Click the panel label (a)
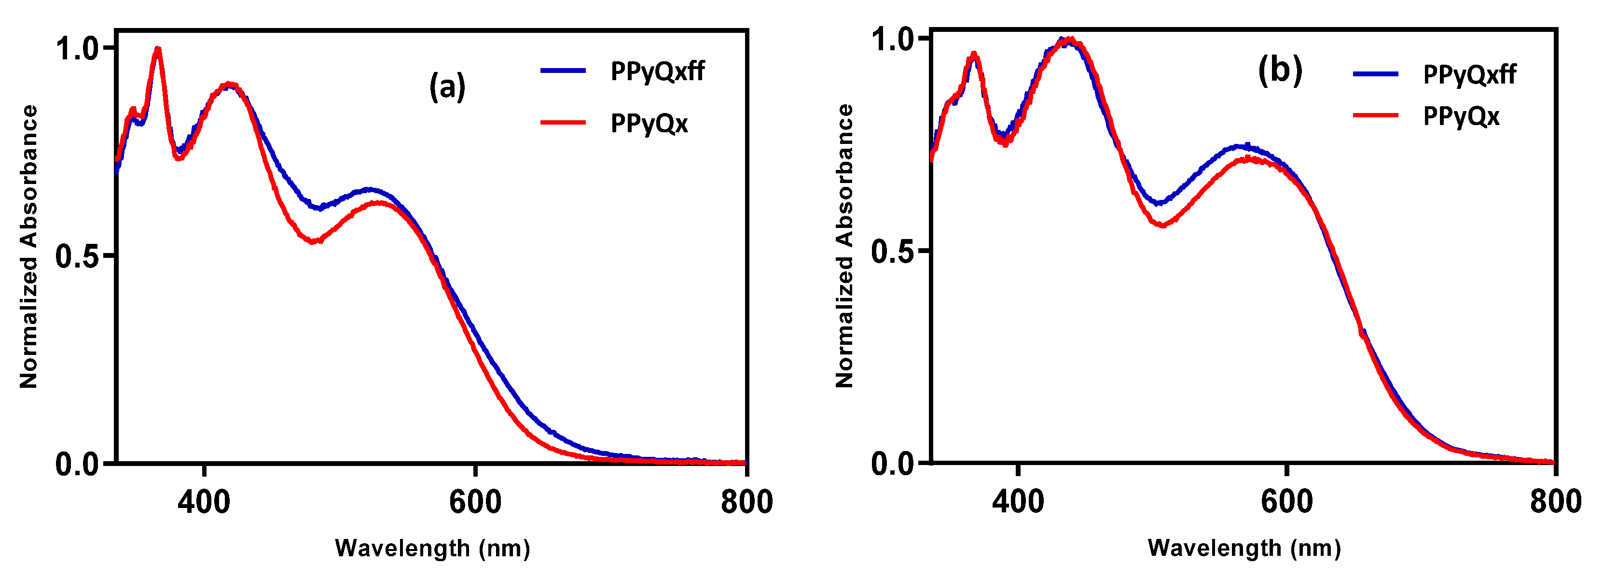pyautogui.click(x=447, y=86)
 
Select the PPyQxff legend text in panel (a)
pyautogui.click(x=657, y=71)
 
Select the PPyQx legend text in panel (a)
pyautogui.click(x=649, y=123)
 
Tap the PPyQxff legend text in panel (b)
pyautogui.click(x=1469, y=75)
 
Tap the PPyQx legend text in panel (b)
pyautogui.click(x=1461, y=116)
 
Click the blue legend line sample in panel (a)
pyautogui.click(x=563, y=71)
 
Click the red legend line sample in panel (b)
pyautogui.click(x=1375, y=115)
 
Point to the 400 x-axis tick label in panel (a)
pyautogui.click(x=204, y=502)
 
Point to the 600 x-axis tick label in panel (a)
pyautogui.click(x=475, y=502)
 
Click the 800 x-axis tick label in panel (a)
pyautogui.click(x=746, y=502)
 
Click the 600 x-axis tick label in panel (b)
pyautogui.click(x=1286, y=502)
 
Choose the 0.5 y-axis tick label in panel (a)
pyautogui.click(x=77, y=256)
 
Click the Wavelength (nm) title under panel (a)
pyautogui.click(x=432, y=549)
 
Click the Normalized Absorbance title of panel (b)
pyautogui.click(x=844, y=246)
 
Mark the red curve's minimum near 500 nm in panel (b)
pyautogui.click(x=1161, y=225)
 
